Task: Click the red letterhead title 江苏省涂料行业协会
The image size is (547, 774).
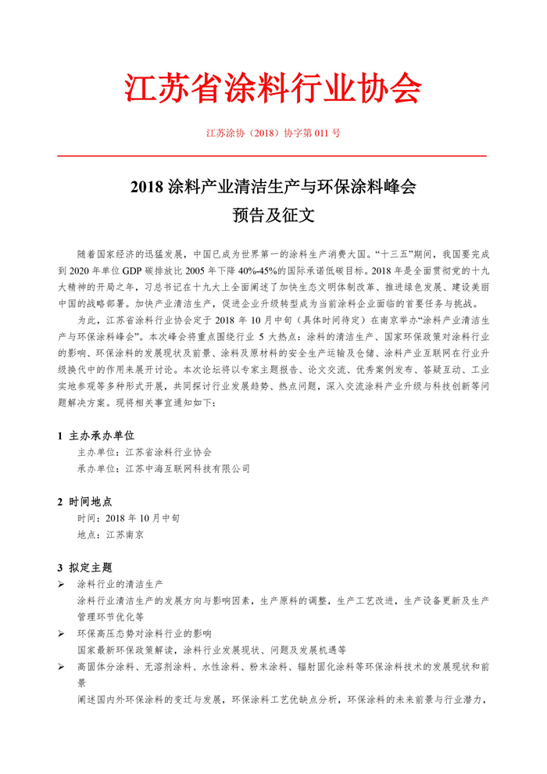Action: pyautogui.click(x=273, y=88)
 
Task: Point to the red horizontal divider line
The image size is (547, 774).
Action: pyautogui.click(x=273, y=156)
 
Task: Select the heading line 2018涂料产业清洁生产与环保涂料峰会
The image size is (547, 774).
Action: pyautogui.click(x=273, y=188)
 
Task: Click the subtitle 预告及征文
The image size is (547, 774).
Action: pyautogui.click(x=273, y=213)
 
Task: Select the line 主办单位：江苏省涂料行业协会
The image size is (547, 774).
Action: pyautogui.click(x=145, y=452)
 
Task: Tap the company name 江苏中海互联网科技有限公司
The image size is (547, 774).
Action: pyautogui.click(x=188, y=468)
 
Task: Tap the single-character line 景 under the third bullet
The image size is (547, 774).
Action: pyautogui.click(x=82, y=683)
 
